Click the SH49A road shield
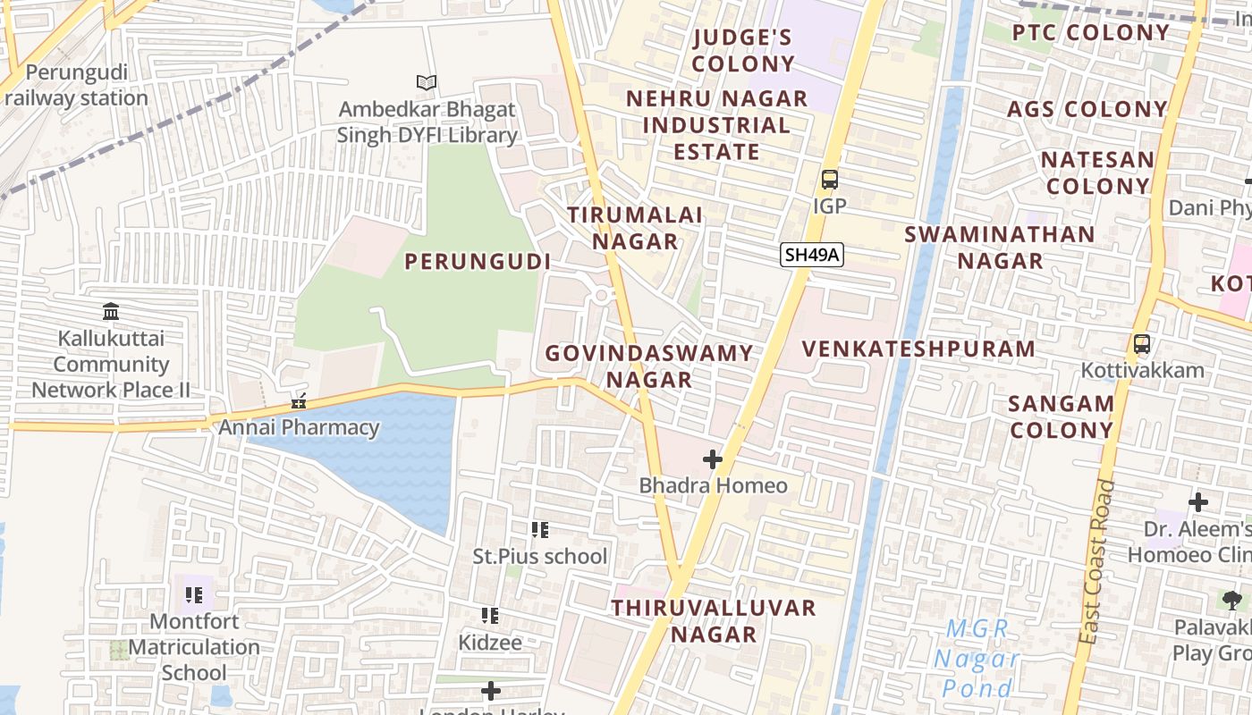click(x=811, y=255)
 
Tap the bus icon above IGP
click(x=829, y=179)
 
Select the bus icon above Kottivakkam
click(x=1141, y=344)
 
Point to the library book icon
click(x=427, y=83)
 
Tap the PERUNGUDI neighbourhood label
click(x=478, y=262)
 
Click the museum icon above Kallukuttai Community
click(x=111, y=312)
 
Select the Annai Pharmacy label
click(x=300, y=427)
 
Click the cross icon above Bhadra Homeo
click(x=712, y=459)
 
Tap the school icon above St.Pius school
click(x=539, y=530)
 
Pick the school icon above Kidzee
click(x=489, y=616)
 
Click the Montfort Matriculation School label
click(x=194, y=646)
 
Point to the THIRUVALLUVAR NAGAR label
click(x=714, y=621)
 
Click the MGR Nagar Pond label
click(x=977, y=659)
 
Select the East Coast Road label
click(x=1097, y=563)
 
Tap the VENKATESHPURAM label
click(x=918, y=349)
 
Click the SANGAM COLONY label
click(x=1061, y=416)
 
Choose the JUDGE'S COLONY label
click(x=742, y=50)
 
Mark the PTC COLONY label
click(x=1090, y=33)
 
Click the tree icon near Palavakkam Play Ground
click(x=1231, y=600)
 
